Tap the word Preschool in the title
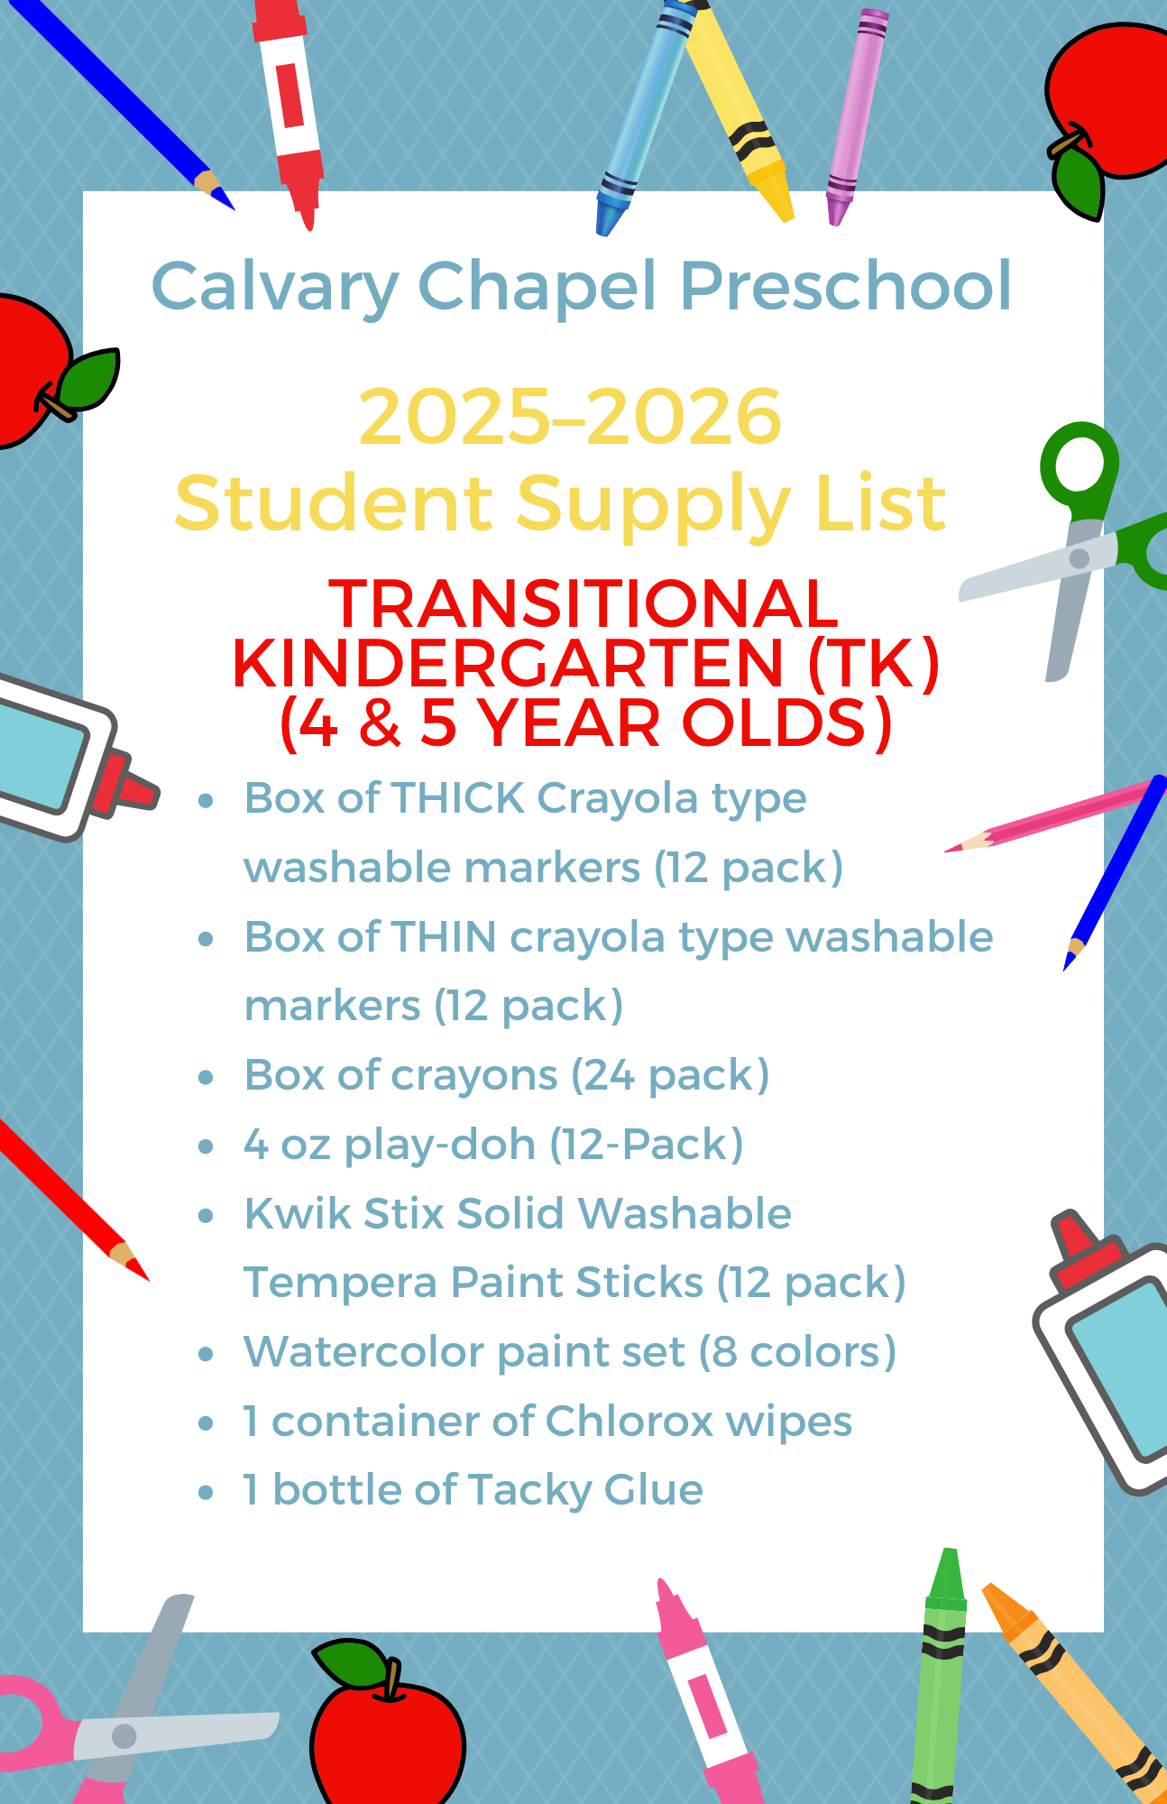coord(846,286)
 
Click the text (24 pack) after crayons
coord(670,1076)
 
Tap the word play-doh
coord(440,1146)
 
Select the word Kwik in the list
coord(298,1213)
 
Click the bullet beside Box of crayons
coord(206,1077)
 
